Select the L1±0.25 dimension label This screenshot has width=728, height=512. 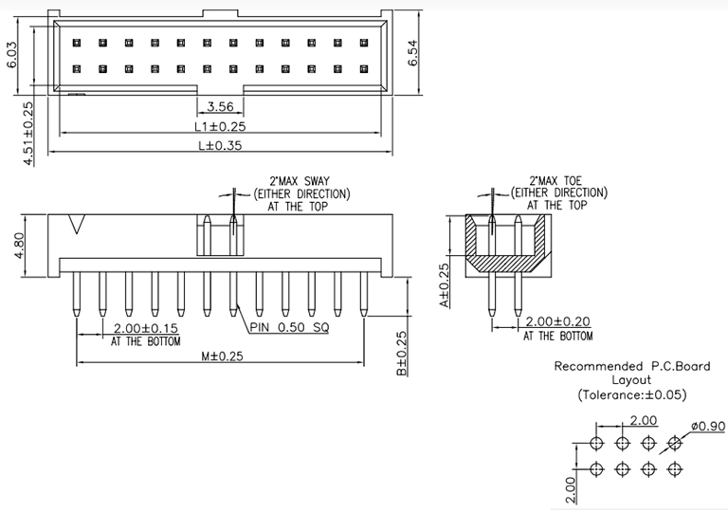220,126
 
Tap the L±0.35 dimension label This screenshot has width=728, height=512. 220,146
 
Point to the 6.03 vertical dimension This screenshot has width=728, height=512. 12,55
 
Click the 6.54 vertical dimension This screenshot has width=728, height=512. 414,53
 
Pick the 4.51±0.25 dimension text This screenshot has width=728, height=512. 28,134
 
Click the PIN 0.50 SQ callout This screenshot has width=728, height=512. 291,328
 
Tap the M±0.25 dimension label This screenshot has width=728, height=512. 222,357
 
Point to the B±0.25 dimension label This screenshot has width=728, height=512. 402,354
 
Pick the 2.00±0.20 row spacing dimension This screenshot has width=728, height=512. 559,322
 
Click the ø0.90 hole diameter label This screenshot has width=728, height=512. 707,426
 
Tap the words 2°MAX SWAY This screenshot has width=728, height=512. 299,180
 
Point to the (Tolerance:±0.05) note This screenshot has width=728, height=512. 632,394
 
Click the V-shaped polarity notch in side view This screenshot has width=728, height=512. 78,227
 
